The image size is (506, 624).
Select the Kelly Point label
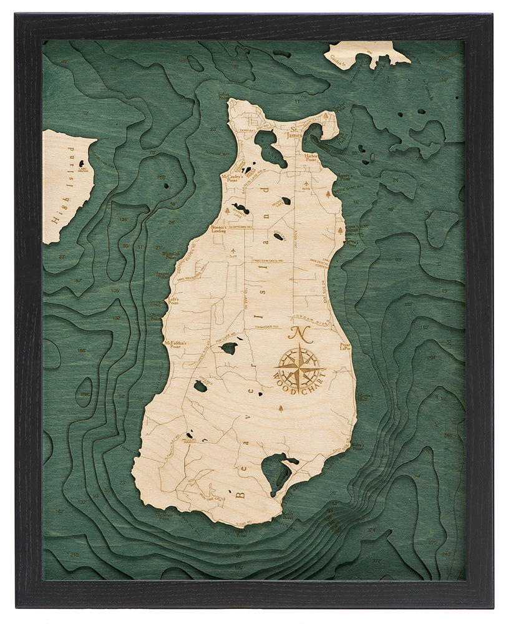pyautogui.click(x=288, y=515)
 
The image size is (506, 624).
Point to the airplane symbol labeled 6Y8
pyautogui.click(x=306, y=181)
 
